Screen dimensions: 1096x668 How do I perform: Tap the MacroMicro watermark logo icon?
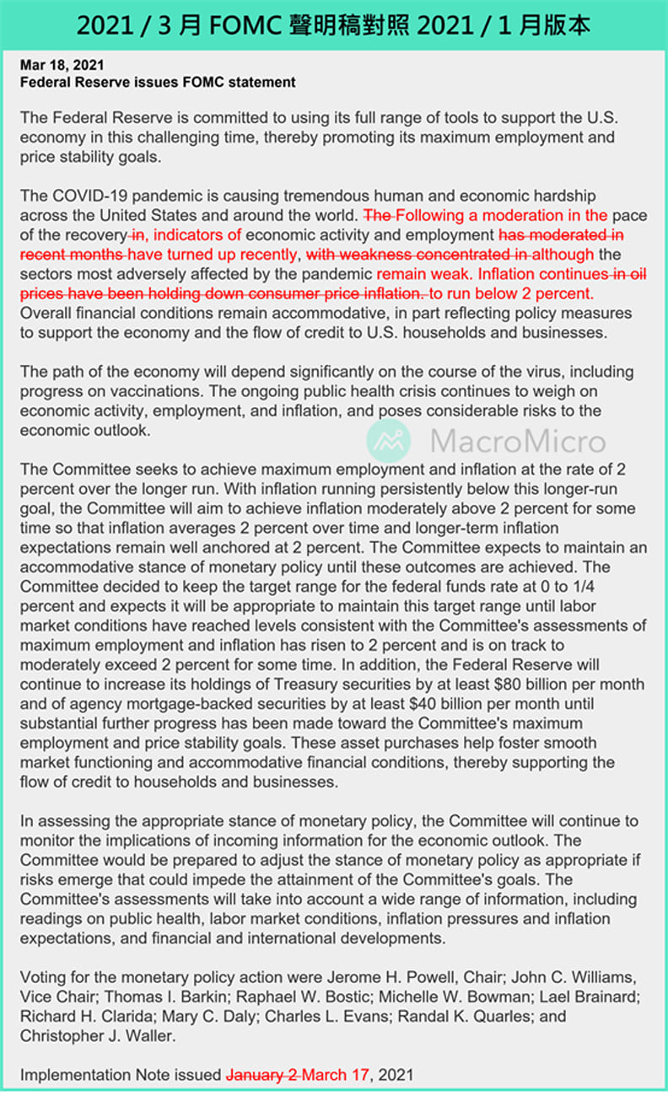pos(389,441)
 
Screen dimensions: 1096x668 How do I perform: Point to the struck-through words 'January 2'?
pos(262,1075)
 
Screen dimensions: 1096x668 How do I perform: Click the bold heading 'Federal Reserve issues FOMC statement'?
pos(158,82)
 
